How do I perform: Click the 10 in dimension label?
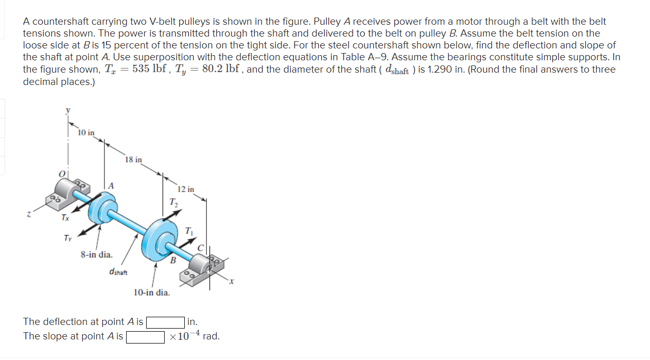[x=86, y=133]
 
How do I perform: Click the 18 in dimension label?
[x=133, y=160]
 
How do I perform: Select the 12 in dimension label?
[x=186, y=189]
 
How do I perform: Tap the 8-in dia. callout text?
[x=96, y=254]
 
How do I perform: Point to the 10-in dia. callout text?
[x=152, y=293]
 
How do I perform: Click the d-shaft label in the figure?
[x=118, y=271]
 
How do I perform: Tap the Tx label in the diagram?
[x=65, y=218]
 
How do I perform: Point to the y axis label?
[x=67, y=110]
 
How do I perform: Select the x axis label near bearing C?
[x=232, y=281]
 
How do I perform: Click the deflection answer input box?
[x=166, y=322]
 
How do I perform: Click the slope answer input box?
[x=146, y=337]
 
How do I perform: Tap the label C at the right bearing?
[x=201, y=248]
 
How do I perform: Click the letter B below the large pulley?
[x=174, y=261]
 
